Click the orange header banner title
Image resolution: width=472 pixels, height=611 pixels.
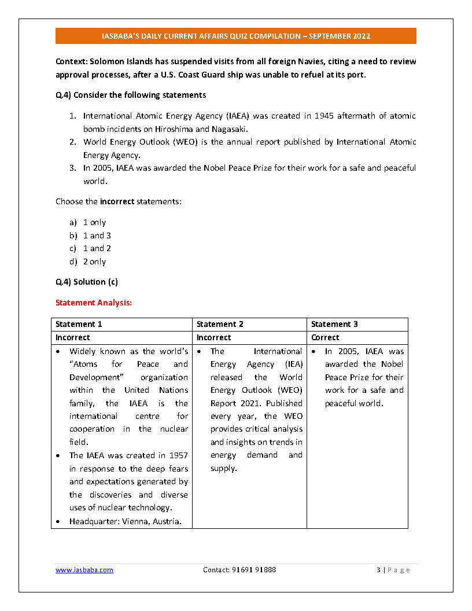[236, 36]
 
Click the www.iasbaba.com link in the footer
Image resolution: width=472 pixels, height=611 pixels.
[84, 570]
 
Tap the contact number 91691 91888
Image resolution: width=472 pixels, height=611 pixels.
[239, 570]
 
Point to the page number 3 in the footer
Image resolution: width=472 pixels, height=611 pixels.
[378, 570]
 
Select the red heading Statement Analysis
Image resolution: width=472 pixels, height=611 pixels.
[94, 303]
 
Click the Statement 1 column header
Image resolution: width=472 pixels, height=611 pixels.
[79, 325]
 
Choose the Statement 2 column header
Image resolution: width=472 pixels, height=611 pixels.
[220, 325]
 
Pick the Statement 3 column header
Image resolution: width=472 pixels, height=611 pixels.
[334, 325]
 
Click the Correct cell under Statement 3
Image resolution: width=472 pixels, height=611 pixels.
[325, 337]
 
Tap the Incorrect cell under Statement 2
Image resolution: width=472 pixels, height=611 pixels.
[213, 337]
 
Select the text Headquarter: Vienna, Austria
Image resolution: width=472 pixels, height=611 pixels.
[126, 521]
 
